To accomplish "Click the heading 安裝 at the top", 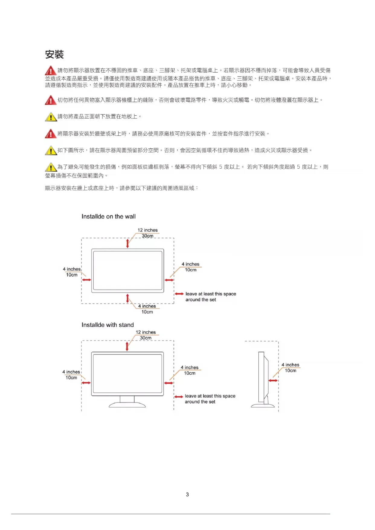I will [54, 55].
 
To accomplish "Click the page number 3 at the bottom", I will [187, 494].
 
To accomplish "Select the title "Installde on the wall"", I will [108, 216].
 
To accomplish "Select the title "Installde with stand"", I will [108, 325].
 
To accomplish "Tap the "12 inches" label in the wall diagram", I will [147, 230].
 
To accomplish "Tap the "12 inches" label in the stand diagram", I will [146, 332].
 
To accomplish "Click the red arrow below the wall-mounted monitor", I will [128, 298].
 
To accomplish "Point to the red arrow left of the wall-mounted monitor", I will [86, 280].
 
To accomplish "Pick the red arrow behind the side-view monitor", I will [273, 380].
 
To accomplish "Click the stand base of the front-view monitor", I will [127, 404].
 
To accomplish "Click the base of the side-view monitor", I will [263, 406].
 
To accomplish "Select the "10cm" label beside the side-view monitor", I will [290, 370].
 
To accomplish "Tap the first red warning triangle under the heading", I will [50, 71].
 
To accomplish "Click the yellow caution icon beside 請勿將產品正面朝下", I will [51, 117].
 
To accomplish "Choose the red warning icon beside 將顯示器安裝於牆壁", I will [50, 134].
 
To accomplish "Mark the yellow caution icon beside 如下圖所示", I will [51, 150].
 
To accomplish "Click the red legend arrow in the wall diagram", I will [179, 294].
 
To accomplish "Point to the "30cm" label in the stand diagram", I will [146, 338].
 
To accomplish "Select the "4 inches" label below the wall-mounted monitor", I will [147, 306].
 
